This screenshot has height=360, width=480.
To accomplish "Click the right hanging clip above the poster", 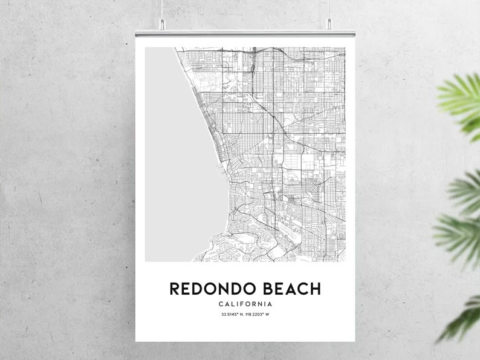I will pos(329,24).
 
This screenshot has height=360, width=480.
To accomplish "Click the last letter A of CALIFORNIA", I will pos(270,304).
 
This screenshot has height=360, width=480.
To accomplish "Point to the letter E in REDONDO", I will pos(186,289).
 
